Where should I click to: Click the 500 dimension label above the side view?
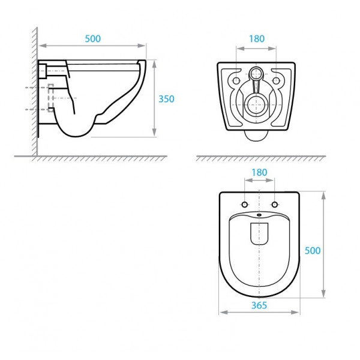(x=93, y=38)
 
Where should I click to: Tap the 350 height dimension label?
(x=166, y=99)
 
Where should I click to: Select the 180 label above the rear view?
(x=257, y=38)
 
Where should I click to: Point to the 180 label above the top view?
(x=259, y=172)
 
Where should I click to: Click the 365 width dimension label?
(x=259, y=305)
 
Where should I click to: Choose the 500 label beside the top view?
(x=313, y=250)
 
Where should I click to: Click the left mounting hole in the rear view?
(x=236, y=80)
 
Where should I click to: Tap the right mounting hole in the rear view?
(x=276, y=80)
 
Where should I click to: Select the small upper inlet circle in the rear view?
(x=256, y=74)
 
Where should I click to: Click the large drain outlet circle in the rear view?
(x=256, y=105)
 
